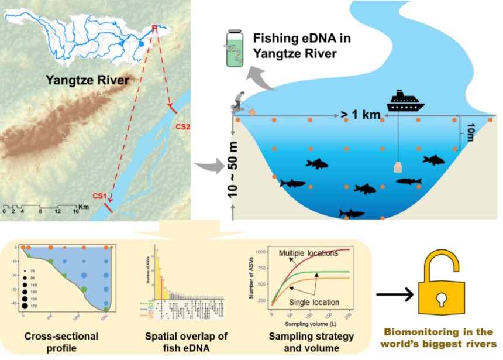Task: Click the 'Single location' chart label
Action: (x=314, y=301)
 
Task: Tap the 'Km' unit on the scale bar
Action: (x=84, y=206)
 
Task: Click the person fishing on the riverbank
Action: (x=240, y=103)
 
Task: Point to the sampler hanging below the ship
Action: (x=398, y=168)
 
